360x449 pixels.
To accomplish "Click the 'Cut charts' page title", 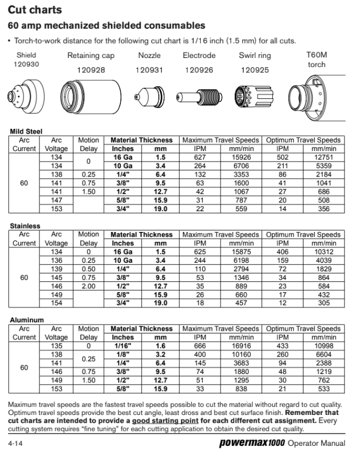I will coord(35,10).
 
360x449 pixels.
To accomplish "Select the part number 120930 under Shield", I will coord(26,64).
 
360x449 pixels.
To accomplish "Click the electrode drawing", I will coord(200,96).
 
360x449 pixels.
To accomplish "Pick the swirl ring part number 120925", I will coord(255,70).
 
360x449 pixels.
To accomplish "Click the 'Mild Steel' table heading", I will coord(26,131).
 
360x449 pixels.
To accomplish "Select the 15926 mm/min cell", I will coord(240,157).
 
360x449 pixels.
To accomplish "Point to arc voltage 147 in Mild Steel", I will coord(56,200).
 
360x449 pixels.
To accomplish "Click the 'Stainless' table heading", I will coord(25,226).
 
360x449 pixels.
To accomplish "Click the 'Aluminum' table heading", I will coord(27,320).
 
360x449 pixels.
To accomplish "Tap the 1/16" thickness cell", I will coord(123,346).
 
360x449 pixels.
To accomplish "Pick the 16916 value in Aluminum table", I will coord(240,346).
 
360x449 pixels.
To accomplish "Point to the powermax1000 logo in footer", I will coord(251,443).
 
